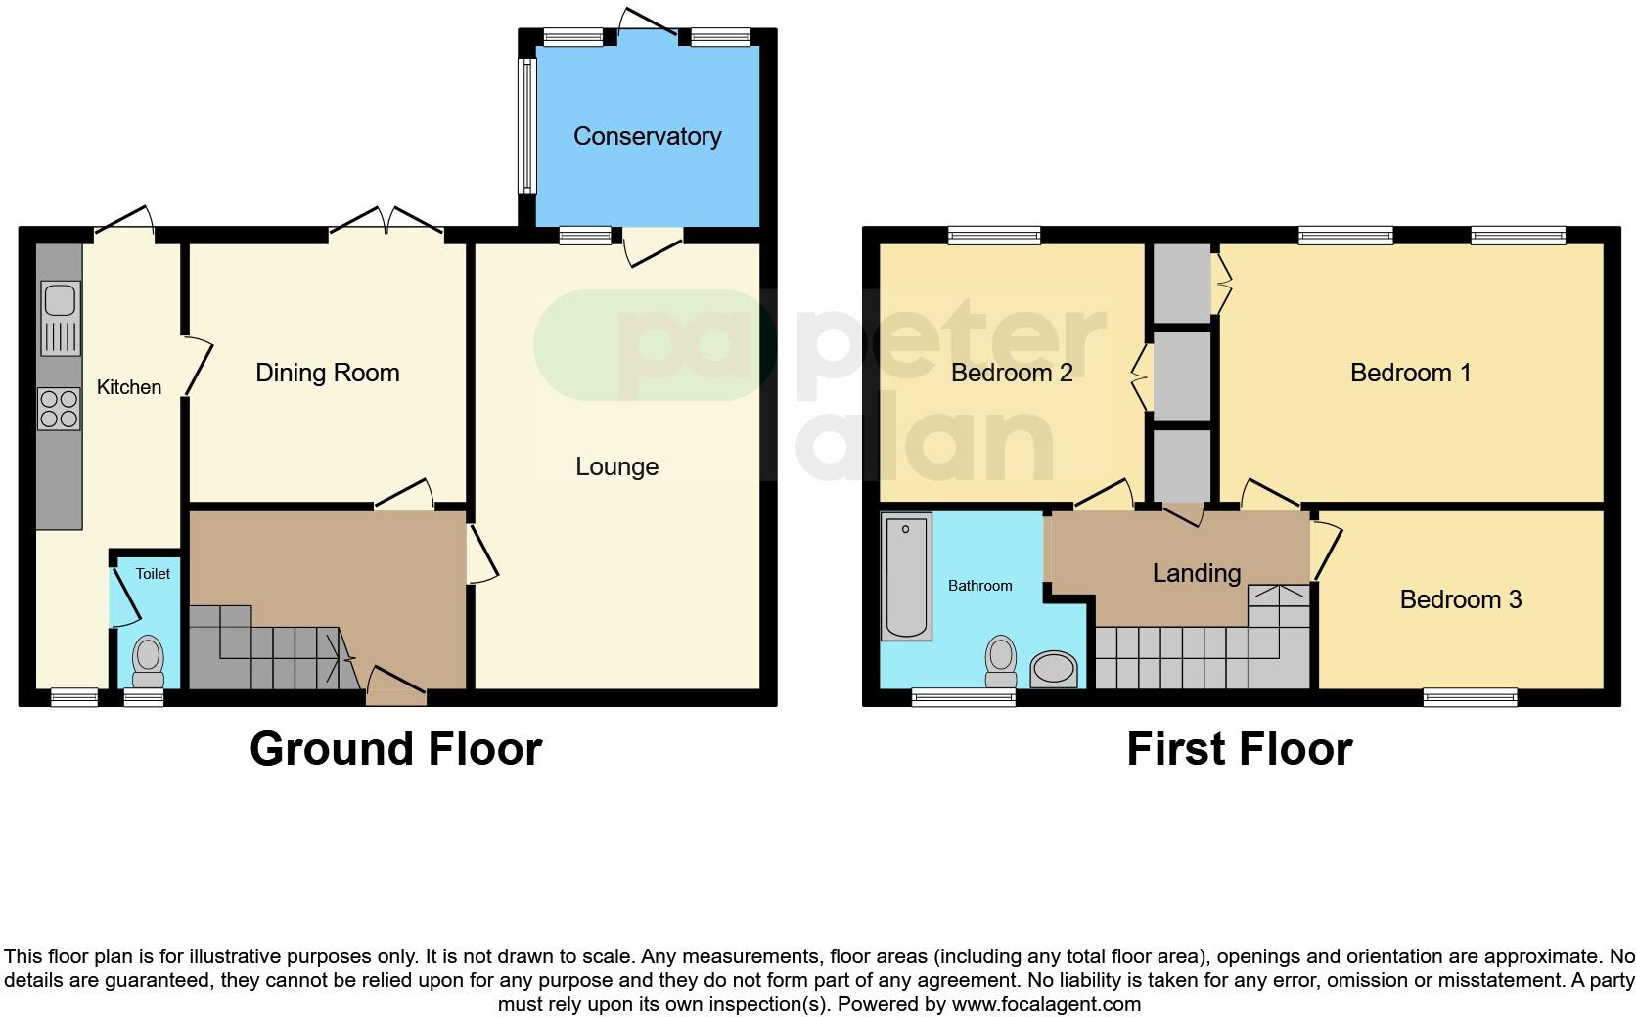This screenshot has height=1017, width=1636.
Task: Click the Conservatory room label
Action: click(x=647, y=136)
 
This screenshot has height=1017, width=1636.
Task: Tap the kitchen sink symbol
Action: click(x=61, y=318)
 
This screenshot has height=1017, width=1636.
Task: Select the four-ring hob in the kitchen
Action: click(x=59, y=409)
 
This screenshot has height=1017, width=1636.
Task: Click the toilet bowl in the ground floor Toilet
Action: click(x=149, y=661)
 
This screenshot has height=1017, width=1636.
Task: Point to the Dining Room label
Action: click(x=327, y=373)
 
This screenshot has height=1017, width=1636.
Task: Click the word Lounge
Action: click(x=616, y=466)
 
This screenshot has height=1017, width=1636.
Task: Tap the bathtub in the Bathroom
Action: click(x=905, y=577)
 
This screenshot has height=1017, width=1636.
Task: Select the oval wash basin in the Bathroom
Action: click(x=1054, y=671)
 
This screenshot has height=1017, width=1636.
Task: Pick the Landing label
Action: click(x=1196, y=573)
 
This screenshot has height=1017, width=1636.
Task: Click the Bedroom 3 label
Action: click(x=1460, y=599)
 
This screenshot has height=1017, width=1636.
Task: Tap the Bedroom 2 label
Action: click(x=1011, y=373)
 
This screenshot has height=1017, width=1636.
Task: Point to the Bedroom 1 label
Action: click(x=1410, y=373)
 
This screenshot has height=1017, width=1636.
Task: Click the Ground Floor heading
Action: click(x=395, y=749)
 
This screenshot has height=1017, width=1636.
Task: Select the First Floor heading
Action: click(x=1239, y=749)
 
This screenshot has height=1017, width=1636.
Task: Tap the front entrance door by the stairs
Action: click(x=396, y=685)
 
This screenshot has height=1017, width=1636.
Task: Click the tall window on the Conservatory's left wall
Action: click(x=527, y=125)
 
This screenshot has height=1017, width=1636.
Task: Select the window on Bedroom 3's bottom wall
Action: click(x=1470, y=697)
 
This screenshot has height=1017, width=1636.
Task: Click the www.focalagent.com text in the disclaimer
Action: click(x=1046, y=1004)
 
